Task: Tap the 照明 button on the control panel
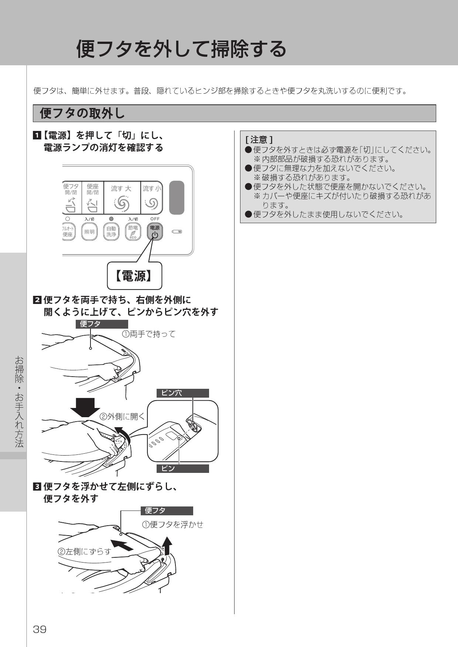click(x=89, y=232)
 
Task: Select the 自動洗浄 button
click(x=111, y=232)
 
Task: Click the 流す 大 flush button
click(x=122, y=198)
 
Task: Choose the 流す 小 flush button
click(x=151, y=198)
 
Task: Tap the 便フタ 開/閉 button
click(x=71, y=198)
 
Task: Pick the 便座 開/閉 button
click(x=92, y=198)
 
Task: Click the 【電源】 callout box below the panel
click(x=134, y=276)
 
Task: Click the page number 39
click(x=40, y=629)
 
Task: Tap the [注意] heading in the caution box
click(x=259, y=140)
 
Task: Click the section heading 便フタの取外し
click(x=82, y=113)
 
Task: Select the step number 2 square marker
click(x=37, y=300)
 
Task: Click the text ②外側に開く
click(x=122, y=416)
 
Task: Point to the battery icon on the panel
click(x=177, y=232)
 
